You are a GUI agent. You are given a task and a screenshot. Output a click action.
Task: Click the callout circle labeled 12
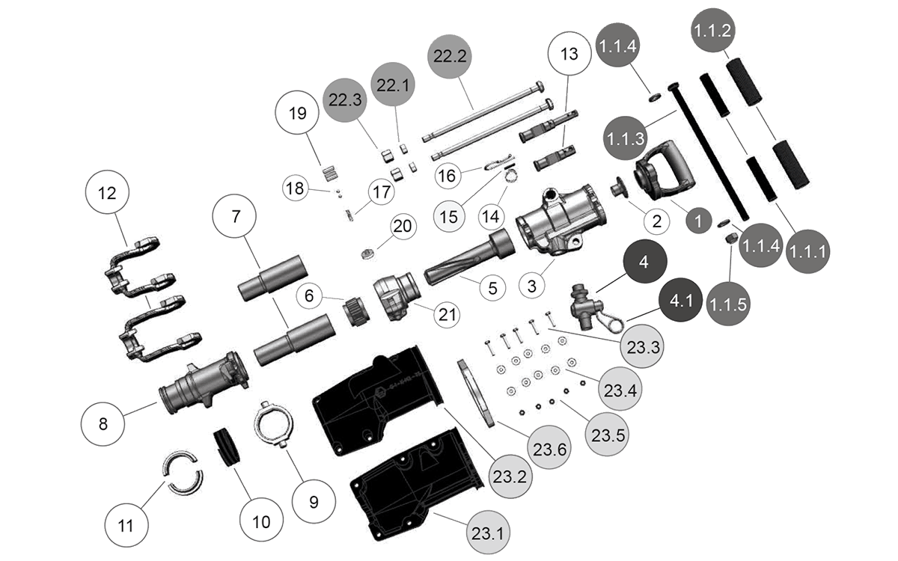tap(107, 193)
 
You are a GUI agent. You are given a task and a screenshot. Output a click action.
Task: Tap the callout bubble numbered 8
tap(103, 423)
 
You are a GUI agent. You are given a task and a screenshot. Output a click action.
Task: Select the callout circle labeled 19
tap(297, 114)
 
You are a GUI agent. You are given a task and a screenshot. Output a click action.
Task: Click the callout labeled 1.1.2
tap(713, 30)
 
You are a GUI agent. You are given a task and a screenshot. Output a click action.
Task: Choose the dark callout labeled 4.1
tap(682, 302)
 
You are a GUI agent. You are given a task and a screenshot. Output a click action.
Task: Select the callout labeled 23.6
tap(551, 450)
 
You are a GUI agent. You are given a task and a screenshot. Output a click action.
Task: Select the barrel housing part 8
tap(204, 381)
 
